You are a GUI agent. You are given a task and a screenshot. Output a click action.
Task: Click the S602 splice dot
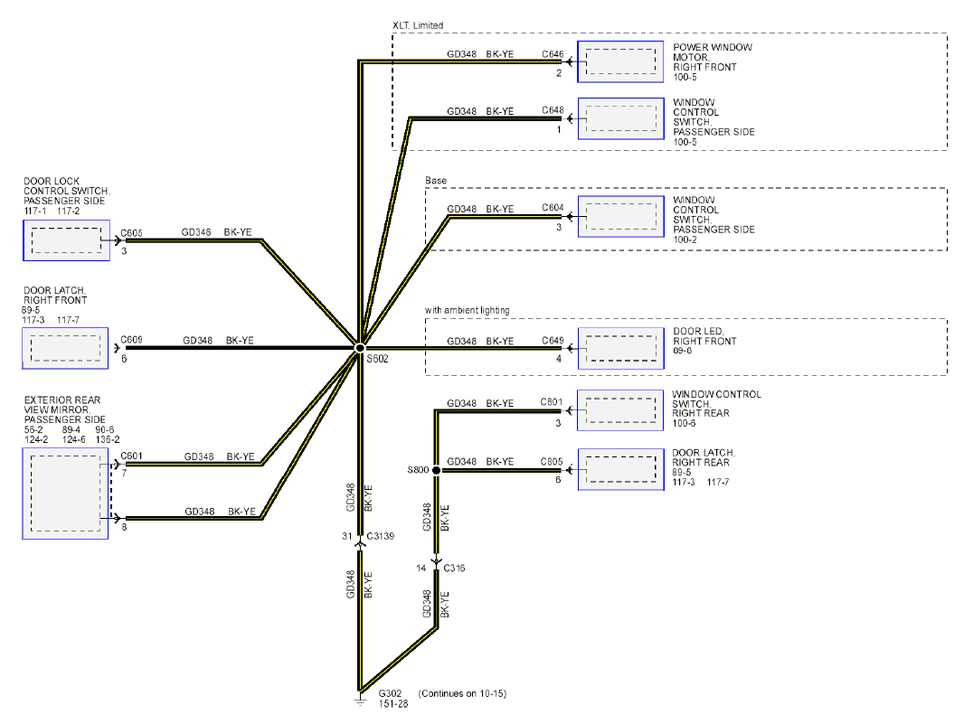(360, 348)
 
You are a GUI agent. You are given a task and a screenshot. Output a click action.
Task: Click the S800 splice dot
(436, 470)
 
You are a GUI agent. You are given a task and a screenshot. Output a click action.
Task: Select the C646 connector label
(553, 54)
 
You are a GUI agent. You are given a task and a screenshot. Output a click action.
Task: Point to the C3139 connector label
(381, 536)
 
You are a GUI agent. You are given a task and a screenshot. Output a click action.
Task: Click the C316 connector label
(454, 568)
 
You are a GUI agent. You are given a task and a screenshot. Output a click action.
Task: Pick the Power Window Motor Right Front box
(620, 61)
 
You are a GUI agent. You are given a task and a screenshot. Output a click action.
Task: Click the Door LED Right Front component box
(621, 349)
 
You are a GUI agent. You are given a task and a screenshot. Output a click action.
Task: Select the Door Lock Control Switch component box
(66, 240)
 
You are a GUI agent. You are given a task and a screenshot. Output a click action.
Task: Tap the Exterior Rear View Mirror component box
(65, 494)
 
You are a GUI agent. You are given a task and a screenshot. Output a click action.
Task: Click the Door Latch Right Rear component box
(621, 469)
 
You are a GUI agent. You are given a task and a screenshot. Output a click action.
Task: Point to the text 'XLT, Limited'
(418, 25)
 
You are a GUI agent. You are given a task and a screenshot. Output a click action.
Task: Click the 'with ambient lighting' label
(468, 310)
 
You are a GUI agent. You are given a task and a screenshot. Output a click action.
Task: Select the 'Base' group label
(436, 180)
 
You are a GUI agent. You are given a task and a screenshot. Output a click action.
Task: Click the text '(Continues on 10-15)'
(462, 693)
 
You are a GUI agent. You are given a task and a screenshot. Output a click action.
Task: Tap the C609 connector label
(131, 339)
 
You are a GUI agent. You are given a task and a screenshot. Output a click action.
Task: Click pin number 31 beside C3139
(346, 536)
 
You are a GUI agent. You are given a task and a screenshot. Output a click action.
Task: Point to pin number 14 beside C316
(421, 568)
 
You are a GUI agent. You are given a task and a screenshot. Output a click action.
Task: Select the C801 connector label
(552, 402)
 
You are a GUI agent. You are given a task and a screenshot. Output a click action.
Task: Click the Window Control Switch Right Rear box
(620, 410)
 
